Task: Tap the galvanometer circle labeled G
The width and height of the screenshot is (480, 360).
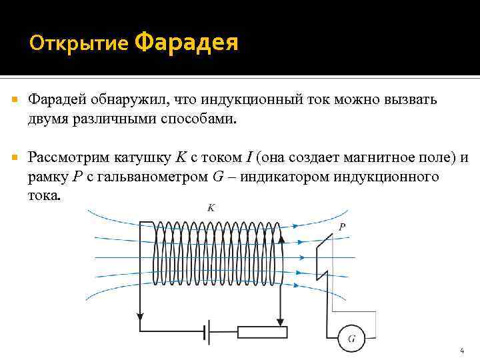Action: (x=351, y=339)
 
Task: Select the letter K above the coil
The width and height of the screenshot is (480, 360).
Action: (x=211, y=208)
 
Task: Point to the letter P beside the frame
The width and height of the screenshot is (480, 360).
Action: (x=342, y=227)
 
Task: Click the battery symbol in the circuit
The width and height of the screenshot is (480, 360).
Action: (x=209, y=331)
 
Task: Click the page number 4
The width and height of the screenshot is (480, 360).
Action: (x=462, y=350)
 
